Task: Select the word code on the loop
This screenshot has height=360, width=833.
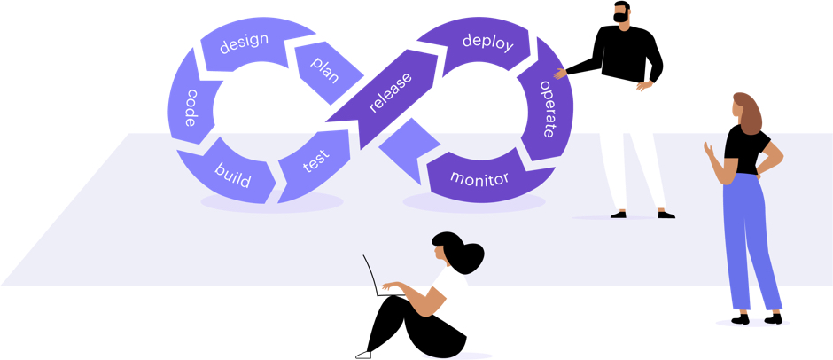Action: tap(190, 108)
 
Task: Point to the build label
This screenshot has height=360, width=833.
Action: tap(232, 173)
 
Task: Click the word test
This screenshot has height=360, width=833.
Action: tap(315, 161)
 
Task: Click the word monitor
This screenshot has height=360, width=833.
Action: tap(479, 178)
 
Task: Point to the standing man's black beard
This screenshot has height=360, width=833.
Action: tap(623, 18)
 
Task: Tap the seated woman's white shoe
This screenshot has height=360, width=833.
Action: tap(363, 355)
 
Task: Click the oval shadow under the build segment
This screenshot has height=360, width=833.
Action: tap(271, 203)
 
